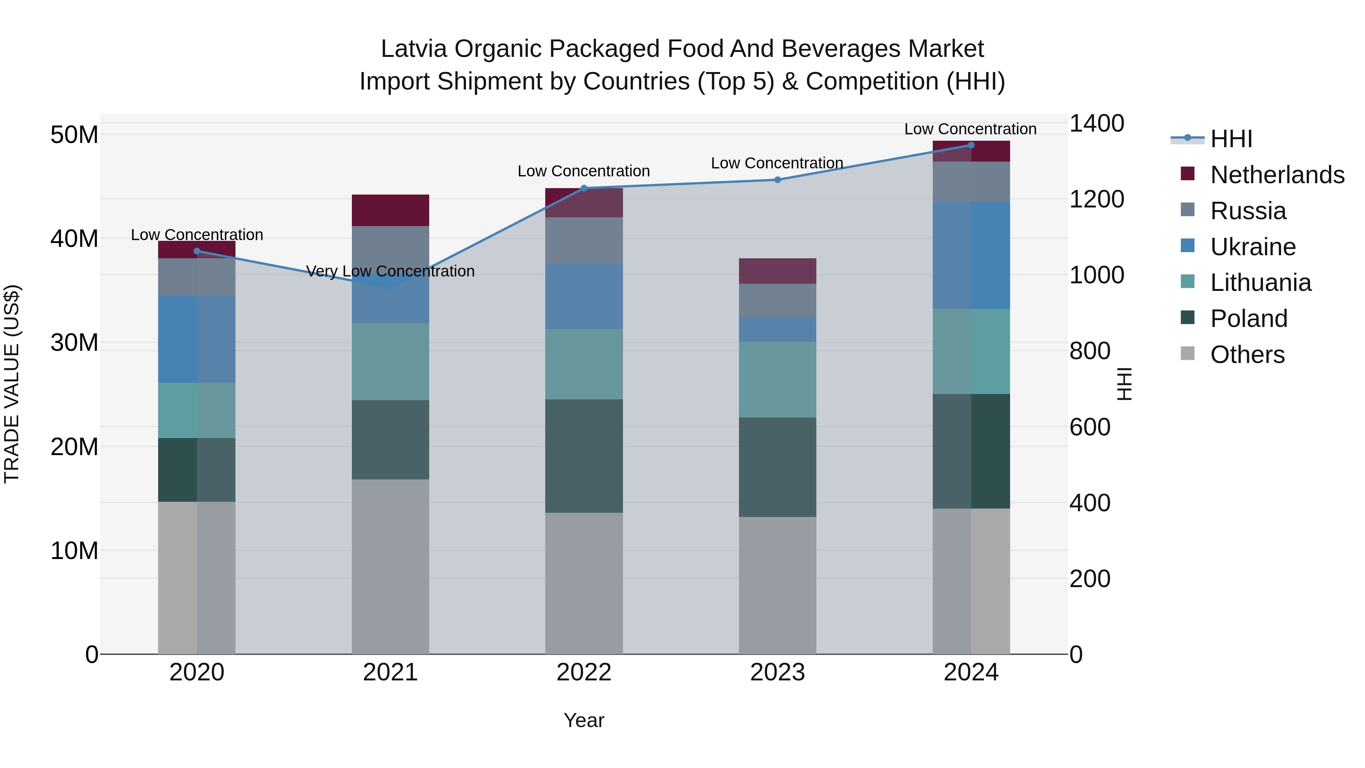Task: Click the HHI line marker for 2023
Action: pyautogui.click(x=777, y=180)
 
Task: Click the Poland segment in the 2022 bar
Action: pyautogui.click(x=584, y=456)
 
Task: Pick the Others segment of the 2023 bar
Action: pyautogui.click(x=777, y=585)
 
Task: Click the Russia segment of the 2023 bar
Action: pyautogui.click(x=777, y=300)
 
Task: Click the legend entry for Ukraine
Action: pyautogui.click(x=1253, y=247)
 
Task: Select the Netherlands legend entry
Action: pyautogui.click(x=1277, y=175)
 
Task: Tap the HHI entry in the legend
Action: pyautogui.click(x=1230, y=139)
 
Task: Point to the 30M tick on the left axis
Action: pyautogui.click(x=74, y=343)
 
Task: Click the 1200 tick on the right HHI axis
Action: pyautogui.click(x=1096, y=199)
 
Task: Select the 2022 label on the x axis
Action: pyautogui.click(x=584, y=672)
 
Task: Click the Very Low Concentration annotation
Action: pyautogui.click(x=390, y=272)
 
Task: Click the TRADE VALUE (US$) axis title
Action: pyautogui.click(x=12, y=384)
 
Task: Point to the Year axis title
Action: pyautogui.click(x=584, y=720)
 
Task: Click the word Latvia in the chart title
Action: pyautogui.click(x=414, y=49)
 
